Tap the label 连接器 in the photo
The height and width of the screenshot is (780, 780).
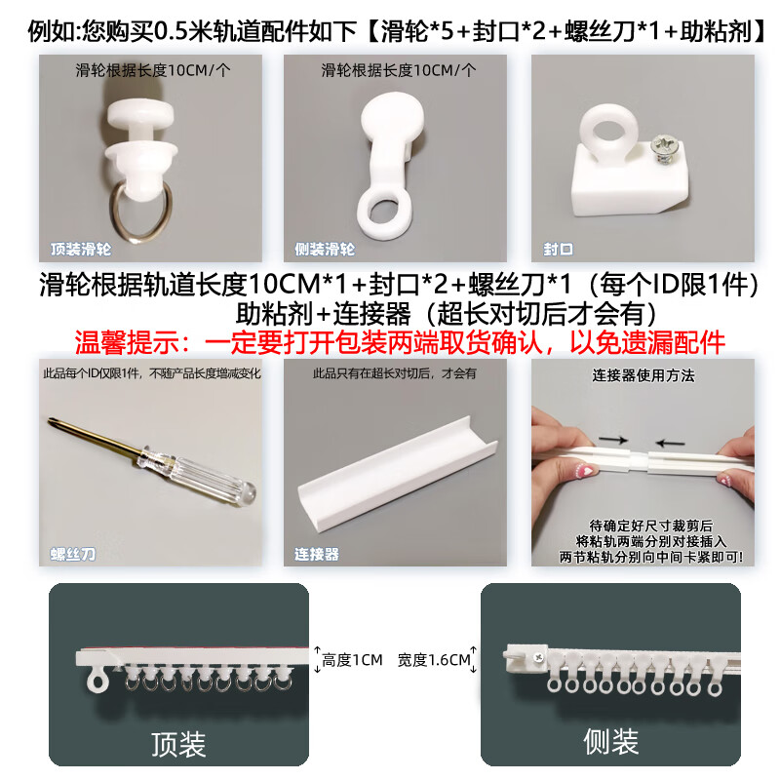[x=317, y=554]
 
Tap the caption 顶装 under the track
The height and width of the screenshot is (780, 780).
[x=178, y=745]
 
